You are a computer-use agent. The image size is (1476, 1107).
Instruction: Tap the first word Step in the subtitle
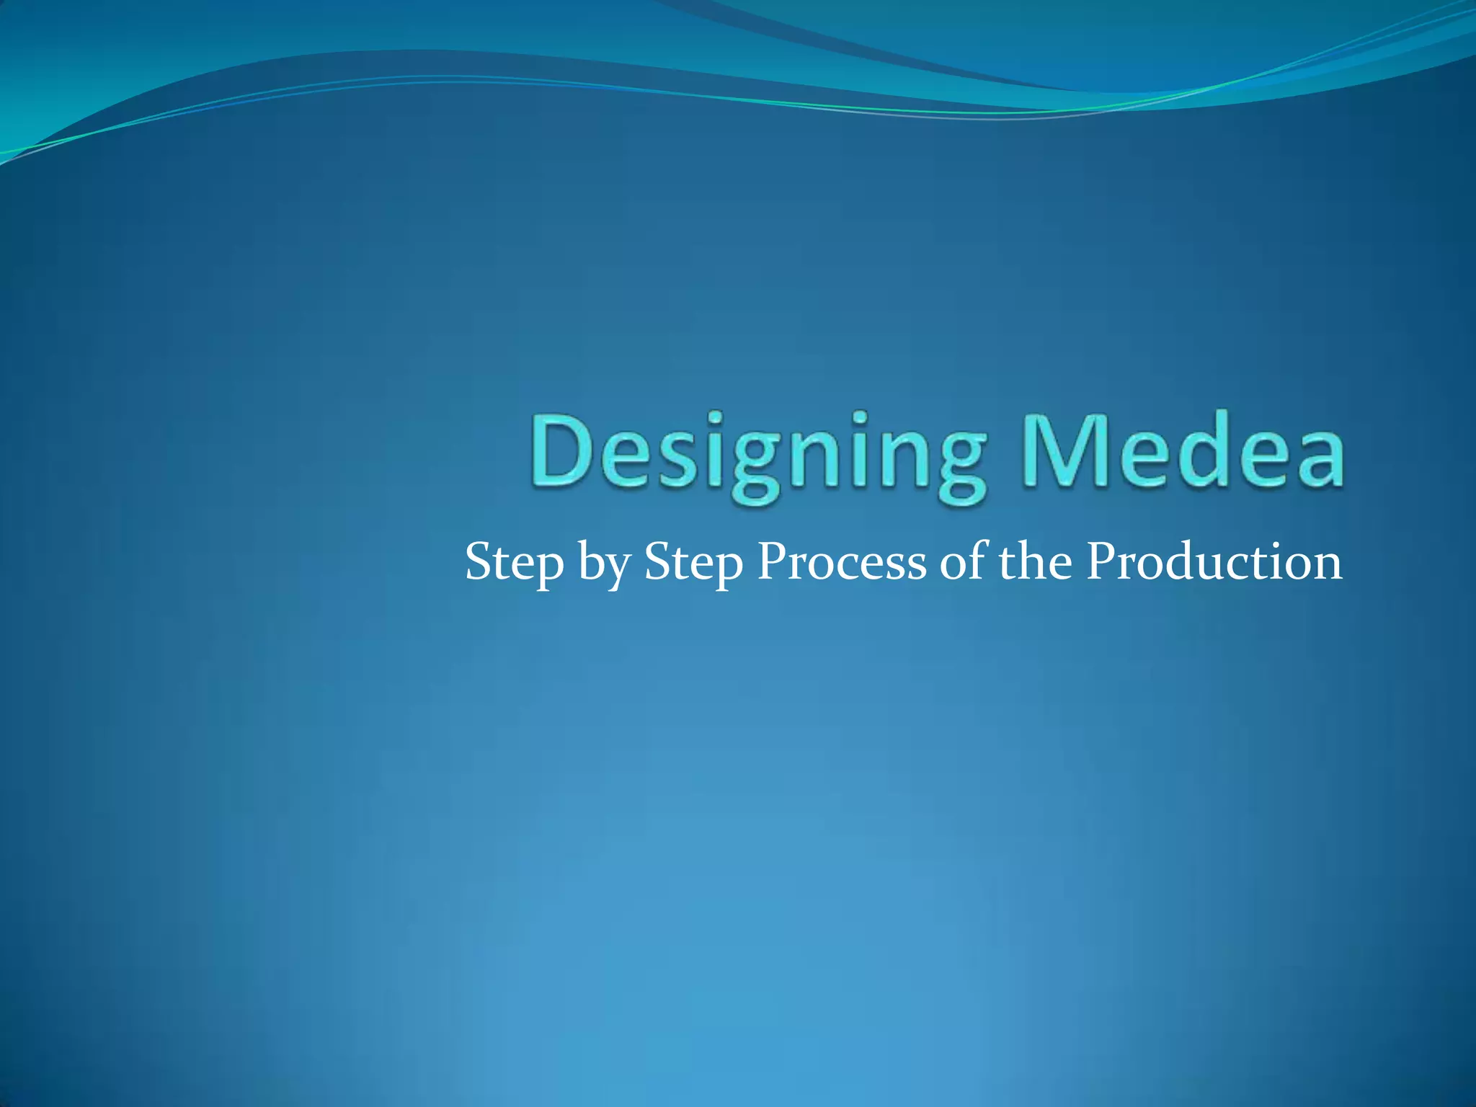click(514, 563)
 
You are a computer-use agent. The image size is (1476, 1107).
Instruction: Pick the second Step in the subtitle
click(693, 563)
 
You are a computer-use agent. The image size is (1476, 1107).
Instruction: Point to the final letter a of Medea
click(1316, 459)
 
